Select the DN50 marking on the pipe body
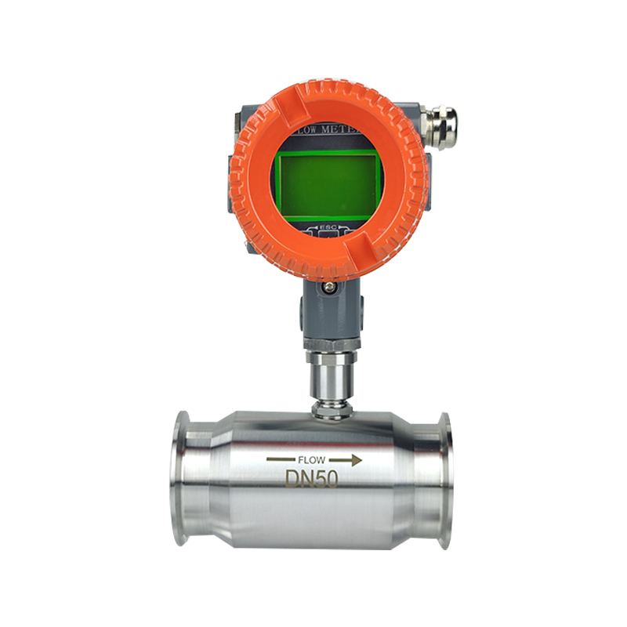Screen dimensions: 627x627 (x=312, y=477)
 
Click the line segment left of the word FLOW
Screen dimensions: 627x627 (x=280, y=460)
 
